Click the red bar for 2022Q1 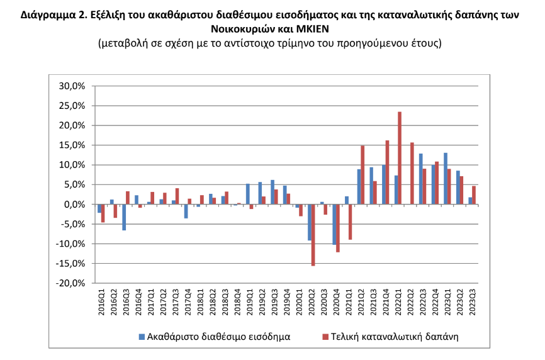pyautogui.click(x=400, y=158)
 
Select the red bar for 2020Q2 pyautogui.click(x=313, y=235)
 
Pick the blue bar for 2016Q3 pyautogui.click(x=124, y=218)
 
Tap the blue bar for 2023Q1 pyautogui.click(x=446, y=179)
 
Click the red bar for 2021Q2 pyautogui.click(x=362, y=175)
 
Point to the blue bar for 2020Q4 pyautogui.click(x=334, y=225)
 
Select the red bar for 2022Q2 pyautogui.click(x=412, y=174)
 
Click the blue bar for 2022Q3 pyautogui.click(x=421, y=179)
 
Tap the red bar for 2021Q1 pyautogui.click(x=351, y=222)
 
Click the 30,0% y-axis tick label pyautogui.click(x=72, y=86)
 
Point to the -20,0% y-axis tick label pyautogui.click(x=70, y=283)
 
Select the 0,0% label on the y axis pyautogui.click(x=74, y=205)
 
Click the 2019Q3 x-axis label pyautogui.click(x=274, y=303)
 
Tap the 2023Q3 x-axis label pyautogui.click(x=473, y=303)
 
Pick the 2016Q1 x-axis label pyautogui.click(x=101, y=303)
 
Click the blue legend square pyautogui.click(x=142, y=337)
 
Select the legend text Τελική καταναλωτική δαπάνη pyautogui.click(x=395, y=337)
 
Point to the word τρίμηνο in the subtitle pyautogui.click(x=291, y=43)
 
